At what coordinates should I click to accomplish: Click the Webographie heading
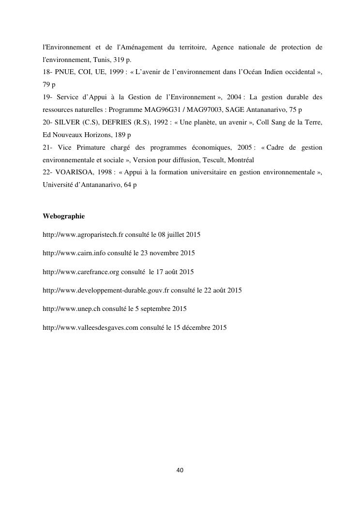click(x=63, y=216)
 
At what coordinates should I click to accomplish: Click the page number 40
click(x=180, y=470)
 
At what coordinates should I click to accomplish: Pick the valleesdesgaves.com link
click(x=90, y=328)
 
